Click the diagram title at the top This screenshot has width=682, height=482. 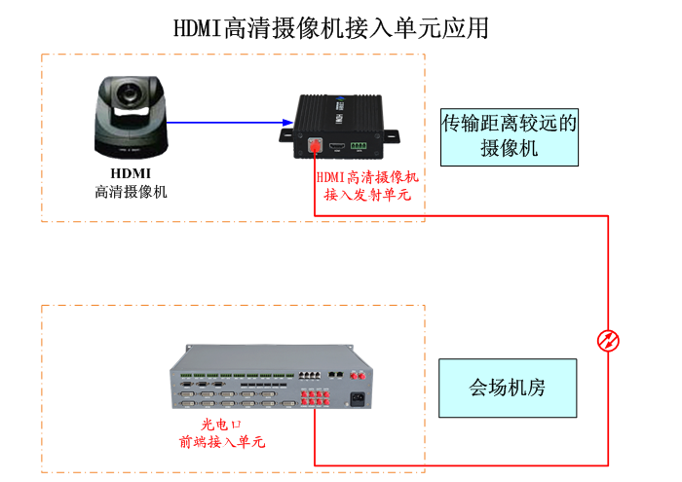(331, 27)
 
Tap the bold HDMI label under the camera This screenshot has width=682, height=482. (130, 174)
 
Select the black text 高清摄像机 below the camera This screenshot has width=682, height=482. (131, 192)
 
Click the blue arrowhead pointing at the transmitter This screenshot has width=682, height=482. (287, 124)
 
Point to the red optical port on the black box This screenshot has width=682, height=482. (315, 147)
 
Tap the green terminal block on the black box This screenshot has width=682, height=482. (359, 147)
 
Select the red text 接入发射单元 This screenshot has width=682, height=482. (367, 195)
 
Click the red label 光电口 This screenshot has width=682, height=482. (221, 425)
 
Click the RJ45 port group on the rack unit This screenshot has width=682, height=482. (310, 374)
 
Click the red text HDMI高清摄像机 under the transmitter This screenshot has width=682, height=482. (367, 177)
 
